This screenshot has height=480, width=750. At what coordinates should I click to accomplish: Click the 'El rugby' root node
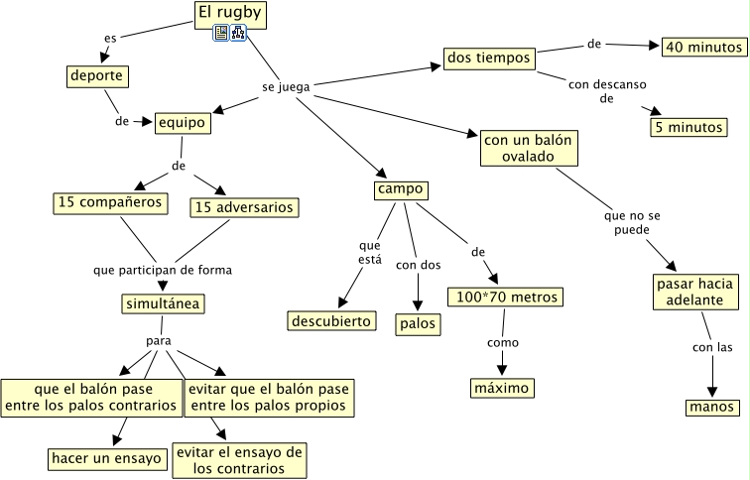229,14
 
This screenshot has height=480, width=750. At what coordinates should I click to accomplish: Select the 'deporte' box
99,75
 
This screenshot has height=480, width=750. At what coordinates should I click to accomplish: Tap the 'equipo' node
184,122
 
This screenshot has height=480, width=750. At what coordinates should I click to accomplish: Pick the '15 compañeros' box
110,203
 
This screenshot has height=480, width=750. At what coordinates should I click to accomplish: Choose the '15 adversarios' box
244,207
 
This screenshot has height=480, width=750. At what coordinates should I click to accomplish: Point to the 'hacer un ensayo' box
106,458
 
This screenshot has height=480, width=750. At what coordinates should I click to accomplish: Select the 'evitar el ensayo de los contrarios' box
239,459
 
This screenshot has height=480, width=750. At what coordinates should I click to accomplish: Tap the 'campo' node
400,188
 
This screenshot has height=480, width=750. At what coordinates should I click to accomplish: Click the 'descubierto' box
332,320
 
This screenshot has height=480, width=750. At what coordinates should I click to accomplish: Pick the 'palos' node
417,323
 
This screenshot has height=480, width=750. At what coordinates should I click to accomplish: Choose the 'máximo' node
502,387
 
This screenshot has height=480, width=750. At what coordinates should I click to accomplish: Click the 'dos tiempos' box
488,60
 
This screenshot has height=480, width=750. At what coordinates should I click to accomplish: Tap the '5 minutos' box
687,127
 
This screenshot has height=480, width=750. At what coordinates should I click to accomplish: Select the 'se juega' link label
286,86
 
